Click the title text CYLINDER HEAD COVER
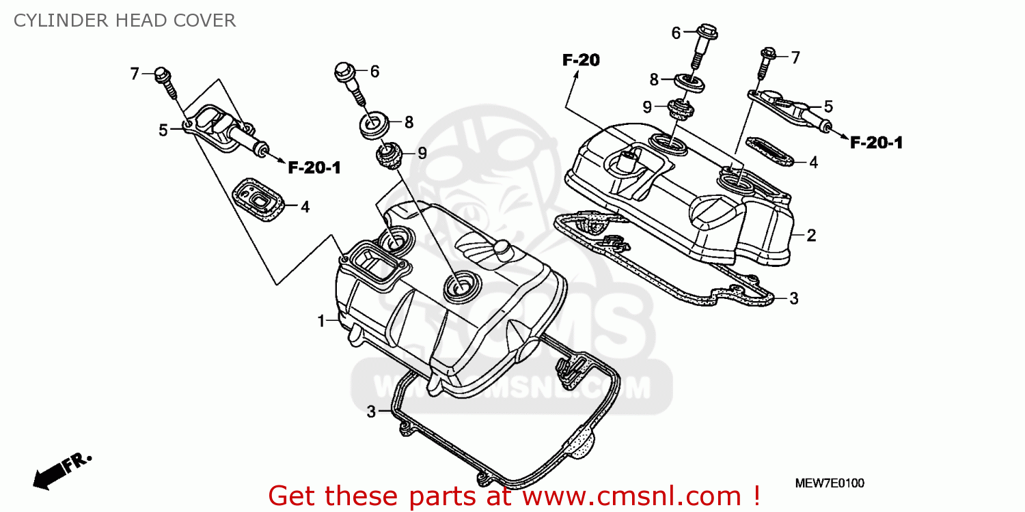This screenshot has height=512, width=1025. (x=124, y=20)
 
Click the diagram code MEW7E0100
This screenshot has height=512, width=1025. (x=830, y=483)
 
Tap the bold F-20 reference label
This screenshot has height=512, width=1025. (x=581, y=61)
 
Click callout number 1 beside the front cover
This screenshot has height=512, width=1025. (x=320, y=321)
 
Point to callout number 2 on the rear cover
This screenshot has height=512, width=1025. (x=811, y=236)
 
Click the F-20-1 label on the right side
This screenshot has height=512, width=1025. (x=877, y=143)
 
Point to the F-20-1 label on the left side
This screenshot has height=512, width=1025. (x=314, y=168)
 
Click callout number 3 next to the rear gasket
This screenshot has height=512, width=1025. (x=793, y=298)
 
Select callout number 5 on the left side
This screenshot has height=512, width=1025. (x=163, y=130)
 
